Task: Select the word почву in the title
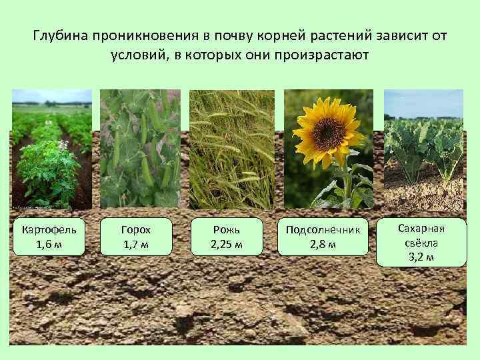click(229, 35)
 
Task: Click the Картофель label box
click(49, 237)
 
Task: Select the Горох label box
click(136, 237)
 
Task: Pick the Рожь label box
click(227, 237)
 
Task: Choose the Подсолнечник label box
click(323, 237)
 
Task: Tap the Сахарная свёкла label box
click(421, 242)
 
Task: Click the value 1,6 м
click(49, 244)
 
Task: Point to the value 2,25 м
click(227, 244)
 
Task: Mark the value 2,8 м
click(323, 244)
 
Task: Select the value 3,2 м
click(421, 257)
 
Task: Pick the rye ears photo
click(231, 150)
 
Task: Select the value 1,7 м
click(136, 244)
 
